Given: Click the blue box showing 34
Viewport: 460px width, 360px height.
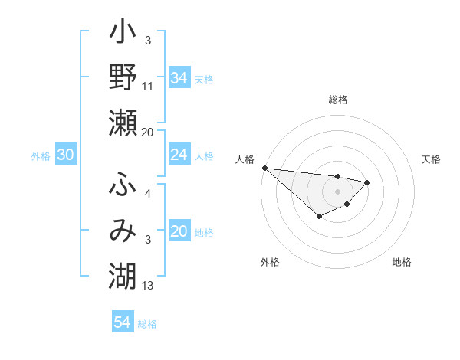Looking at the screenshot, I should tap(179, 77).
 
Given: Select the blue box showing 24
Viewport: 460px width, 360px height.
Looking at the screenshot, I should tap(179, 155).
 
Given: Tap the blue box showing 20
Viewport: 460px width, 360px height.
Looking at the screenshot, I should tap(179, 232).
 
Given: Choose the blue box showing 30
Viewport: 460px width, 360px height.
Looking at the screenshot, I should tap(65, 155).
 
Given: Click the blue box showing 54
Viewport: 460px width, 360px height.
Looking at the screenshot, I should tap(122, 322).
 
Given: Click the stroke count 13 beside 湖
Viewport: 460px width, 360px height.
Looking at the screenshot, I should tap(148, 286).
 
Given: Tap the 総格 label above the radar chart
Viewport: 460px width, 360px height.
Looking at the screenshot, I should tap(338, 100).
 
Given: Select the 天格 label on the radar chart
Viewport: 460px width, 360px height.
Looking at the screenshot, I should tap(431, 159).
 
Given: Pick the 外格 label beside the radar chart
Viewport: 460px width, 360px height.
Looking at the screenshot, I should tap(270, 262).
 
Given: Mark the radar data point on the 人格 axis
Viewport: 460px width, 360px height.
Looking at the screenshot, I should tap(264, 168).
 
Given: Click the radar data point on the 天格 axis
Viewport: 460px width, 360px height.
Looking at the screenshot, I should tap(367, 182).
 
